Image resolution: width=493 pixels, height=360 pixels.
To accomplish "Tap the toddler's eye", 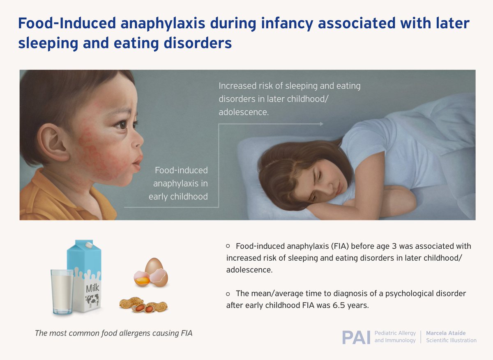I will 122,124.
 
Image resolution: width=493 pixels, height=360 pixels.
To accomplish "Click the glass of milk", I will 62,292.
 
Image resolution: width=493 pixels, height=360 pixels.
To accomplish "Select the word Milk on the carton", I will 92,288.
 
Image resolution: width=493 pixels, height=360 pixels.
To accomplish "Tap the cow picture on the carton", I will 92,300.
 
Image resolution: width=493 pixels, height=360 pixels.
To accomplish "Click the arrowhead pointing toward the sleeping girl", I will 321,124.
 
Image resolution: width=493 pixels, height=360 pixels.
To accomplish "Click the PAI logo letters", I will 356,337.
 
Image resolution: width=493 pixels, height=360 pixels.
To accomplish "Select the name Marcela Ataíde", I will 446,333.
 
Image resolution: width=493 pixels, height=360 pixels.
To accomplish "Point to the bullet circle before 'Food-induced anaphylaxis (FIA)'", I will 228,246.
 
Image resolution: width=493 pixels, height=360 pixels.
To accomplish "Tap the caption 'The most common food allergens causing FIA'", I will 113,333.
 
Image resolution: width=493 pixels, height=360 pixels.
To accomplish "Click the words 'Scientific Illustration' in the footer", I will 451,341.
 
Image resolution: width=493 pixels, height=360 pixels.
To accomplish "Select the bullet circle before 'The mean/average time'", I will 228,294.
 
